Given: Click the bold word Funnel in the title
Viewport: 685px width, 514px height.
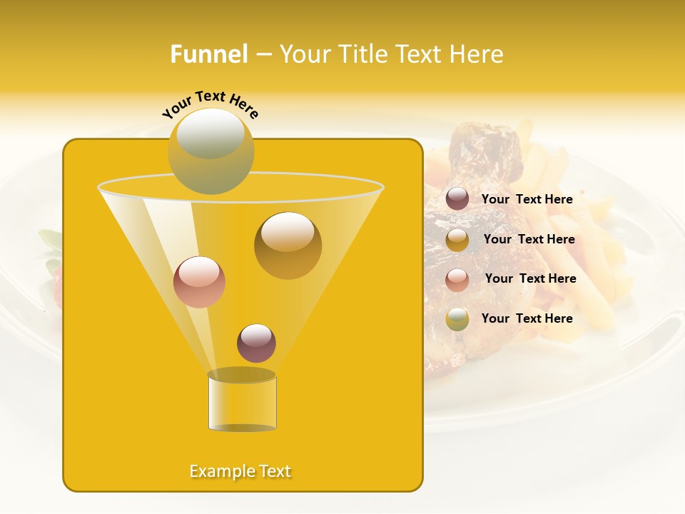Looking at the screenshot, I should click(208, 54).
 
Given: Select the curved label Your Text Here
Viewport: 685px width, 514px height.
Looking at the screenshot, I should click(210, 104).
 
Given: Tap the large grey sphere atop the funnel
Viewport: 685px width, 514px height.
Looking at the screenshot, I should click(210, 151).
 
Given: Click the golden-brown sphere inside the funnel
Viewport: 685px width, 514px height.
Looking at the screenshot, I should click(288, 245).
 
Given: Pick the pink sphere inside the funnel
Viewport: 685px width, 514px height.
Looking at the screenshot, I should click(199, 282).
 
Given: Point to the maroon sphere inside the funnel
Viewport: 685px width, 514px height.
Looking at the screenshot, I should click(256, 343).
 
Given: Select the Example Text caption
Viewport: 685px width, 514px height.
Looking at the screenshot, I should click(240, 471).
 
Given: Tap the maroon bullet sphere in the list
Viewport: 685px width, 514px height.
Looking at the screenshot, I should click(457, 199).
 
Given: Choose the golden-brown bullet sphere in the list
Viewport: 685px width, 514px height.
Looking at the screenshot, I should click(457, 240).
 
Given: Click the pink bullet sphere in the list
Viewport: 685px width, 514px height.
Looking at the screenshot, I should click(457, 279).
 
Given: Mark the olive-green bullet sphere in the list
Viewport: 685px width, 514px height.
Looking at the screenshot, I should click(457, 319).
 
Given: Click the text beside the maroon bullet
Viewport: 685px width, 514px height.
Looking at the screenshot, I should click(527, 199).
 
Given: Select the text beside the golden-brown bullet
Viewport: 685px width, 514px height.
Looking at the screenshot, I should click(529, 239).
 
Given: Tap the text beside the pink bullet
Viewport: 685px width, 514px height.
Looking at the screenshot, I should click(530, 278).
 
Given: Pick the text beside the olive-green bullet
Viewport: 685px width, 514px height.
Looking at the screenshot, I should click(527, 318).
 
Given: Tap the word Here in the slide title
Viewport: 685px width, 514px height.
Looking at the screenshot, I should click(479, 54).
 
